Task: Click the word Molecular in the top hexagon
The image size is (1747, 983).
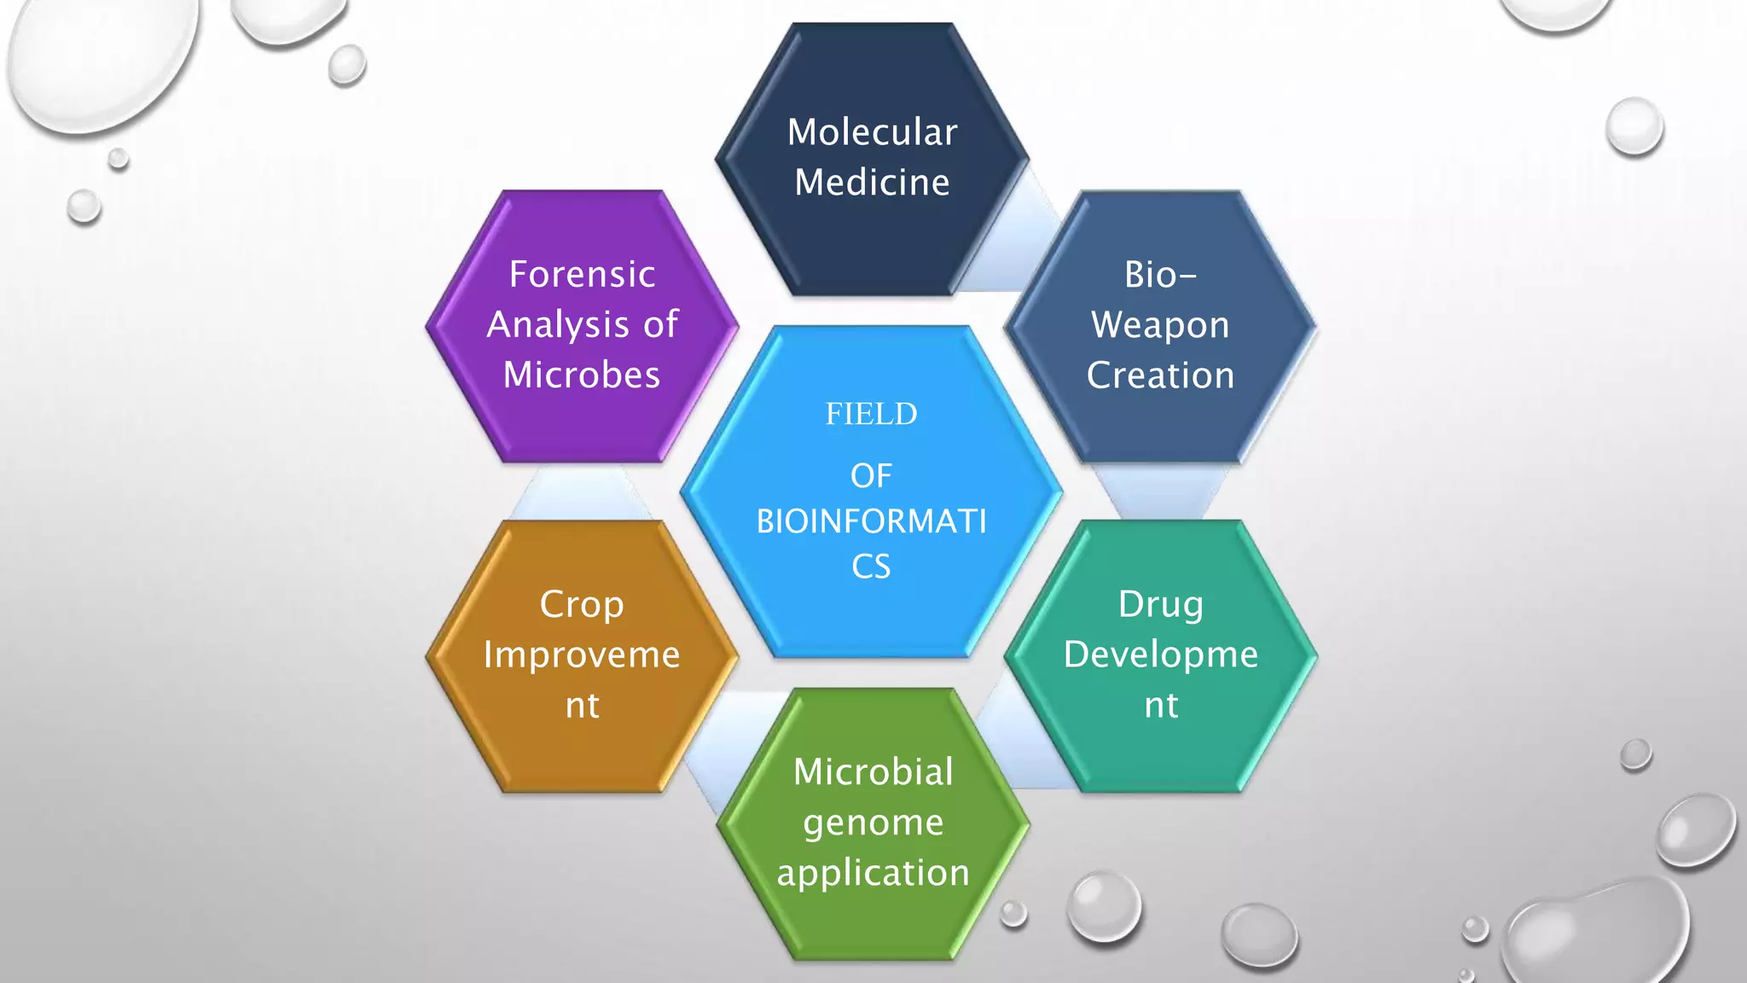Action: pyautogui.click(x=872, y=132)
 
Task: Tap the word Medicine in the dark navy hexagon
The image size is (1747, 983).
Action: pyautogui.click(x=872, y=183)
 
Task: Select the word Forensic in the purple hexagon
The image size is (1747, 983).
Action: pyautogui.click(x=582, y=275)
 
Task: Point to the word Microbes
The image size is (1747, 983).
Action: pyautogui.click(x=582, y=375)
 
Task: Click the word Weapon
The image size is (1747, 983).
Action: pyautogui.click(x=1160, y=325)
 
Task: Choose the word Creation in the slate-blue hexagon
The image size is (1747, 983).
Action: pyautogui.click(x=1160, y=375)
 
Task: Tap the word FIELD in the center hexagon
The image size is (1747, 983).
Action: pyautogui.click(x=871, y=414)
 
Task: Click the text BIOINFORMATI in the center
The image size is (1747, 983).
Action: pyautogui.click(x=871, y=521)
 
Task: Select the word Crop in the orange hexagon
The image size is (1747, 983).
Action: pyautogui.click(x=582, y=604)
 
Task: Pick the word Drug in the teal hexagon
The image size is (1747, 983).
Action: pyautogui.click(x=1161, y=604)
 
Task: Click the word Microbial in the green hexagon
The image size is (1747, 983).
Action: pyautogui.click(x=873, y=772)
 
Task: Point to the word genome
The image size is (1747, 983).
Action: pyautogui.click(x=873, y=823)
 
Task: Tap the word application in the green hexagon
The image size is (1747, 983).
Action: pyautogui.click(x=873, y=873)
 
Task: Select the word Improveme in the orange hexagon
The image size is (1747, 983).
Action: pyautogui.click(x=582, y=654)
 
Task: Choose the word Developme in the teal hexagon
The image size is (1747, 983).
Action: pyautogui.click(x=1161, y=654)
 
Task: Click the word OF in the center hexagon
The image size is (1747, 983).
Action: pyautogui.click(x=871, y=476)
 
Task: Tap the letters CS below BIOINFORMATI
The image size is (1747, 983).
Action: pyautogui.click(x=871, y=567)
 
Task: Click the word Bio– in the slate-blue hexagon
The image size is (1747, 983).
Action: pyautogui.click(x=1160, y=275)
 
